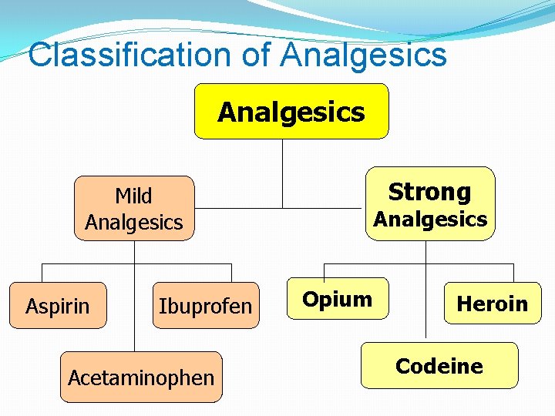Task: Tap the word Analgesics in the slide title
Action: [x=364, y=55]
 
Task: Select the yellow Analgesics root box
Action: [x=291, y=112]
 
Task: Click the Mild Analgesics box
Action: [x=134, y=209]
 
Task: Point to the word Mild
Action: [x=133, y=196]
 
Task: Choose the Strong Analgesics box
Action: [x=429, y=204]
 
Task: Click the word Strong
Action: [x=429, y=192]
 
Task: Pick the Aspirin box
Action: [x=58, y=306]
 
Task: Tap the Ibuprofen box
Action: [x=205, y=306]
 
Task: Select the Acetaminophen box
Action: [x=141, y=377]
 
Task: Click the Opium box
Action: [x=338, y=299]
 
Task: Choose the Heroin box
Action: [x=492, y=304]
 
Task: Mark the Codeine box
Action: [x=439, y=366]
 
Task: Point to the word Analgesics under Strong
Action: [x=430, y=220]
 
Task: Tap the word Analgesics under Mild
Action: [x=134, y=223]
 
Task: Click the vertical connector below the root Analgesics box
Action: [x=283, y=173]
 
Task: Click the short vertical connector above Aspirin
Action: [x=42, y=273]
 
